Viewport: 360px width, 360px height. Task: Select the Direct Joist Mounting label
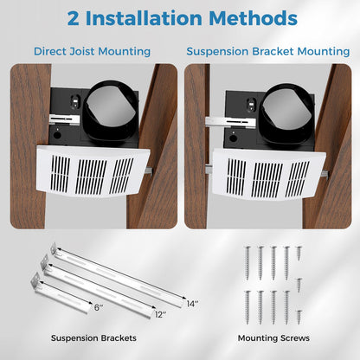[x=92, y=51]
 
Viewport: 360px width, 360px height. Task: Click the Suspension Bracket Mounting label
[x=268, y=51]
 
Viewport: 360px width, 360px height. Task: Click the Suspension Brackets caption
[x=90, y=337]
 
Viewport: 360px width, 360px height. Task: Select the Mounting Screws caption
[x=269, y=337]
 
